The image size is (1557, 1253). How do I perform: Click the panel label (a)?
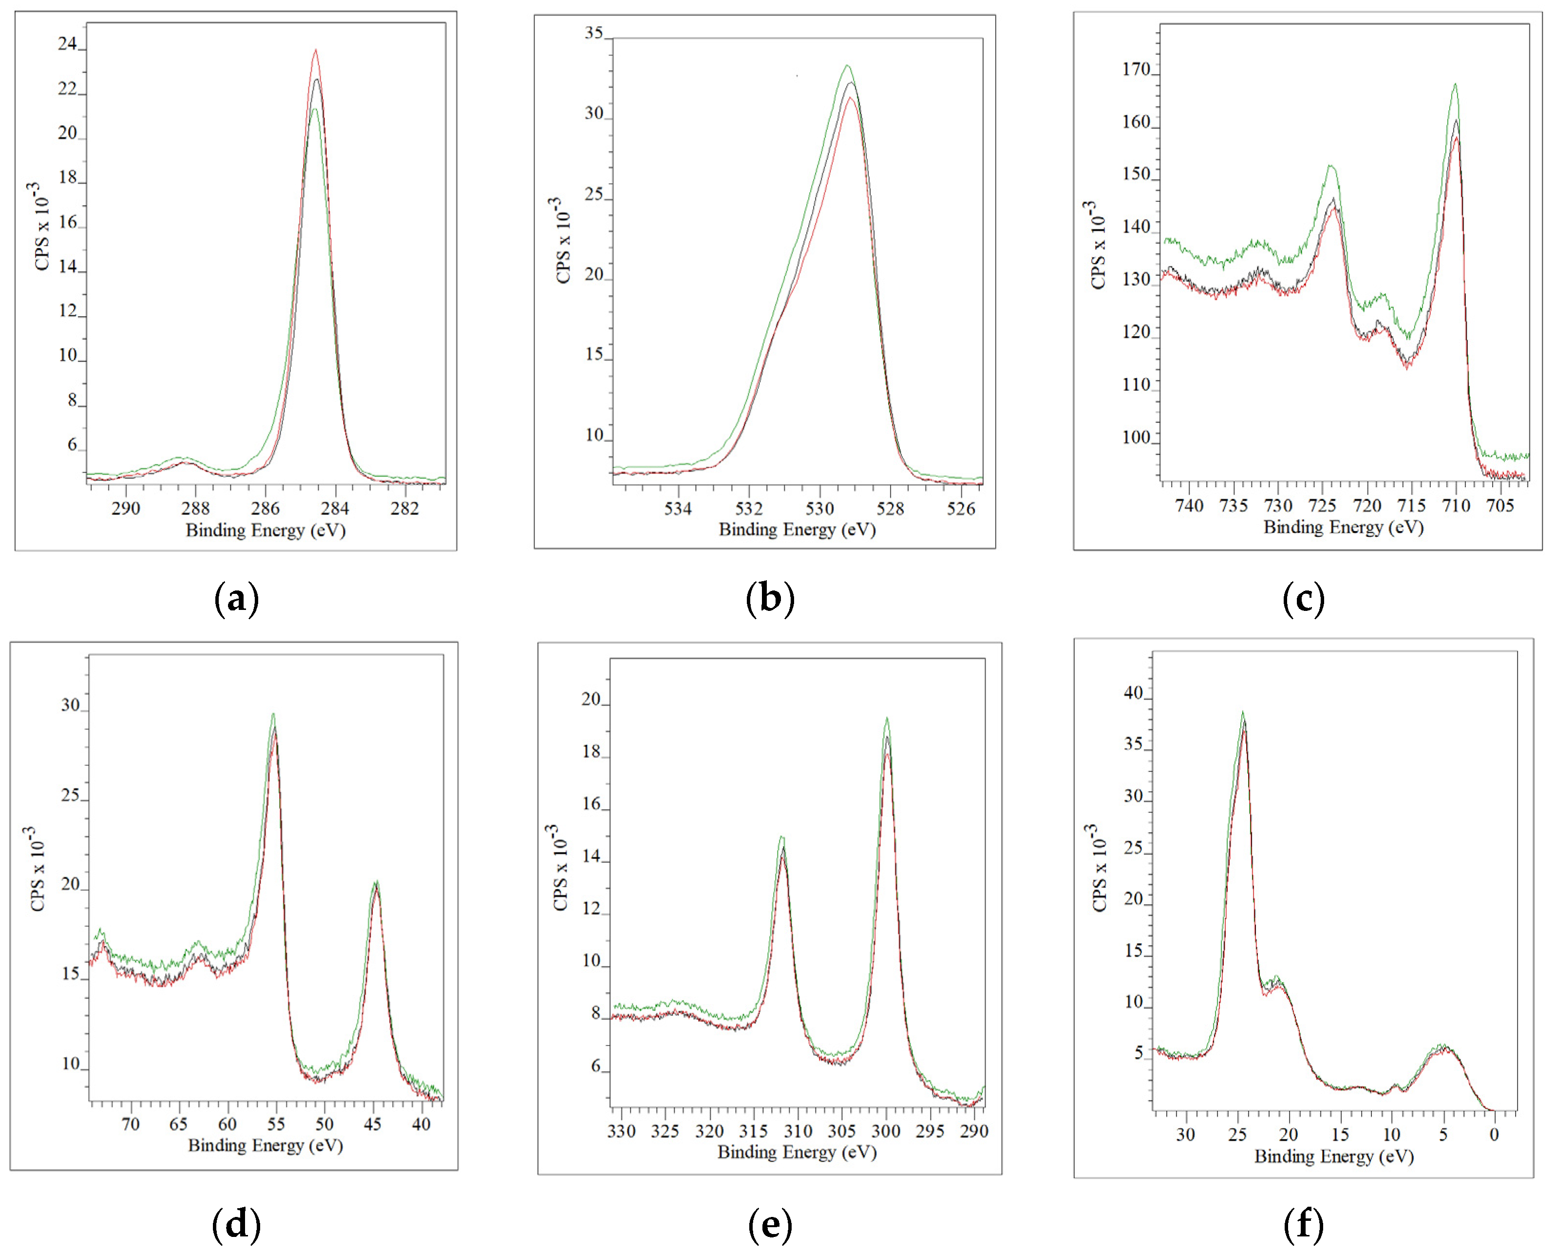click(x=236, y=599)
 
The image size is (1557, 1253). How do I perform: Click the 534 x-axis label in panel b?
click(x=678, y=509)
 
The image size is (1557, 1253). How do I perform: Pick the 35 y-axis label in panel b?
click(x=594, y=33)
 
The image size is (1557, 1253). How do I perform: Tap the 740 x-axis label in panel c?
click(x=1189, y=506)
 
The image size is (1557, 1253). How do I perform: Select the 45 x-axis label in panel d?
click(x=373, y=1124)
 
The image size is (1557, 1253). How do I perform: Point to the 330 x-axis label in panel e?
click(x=621, y=1131)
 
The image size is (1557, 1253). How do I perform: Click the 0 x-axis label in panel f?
click(x=1494, y=1135)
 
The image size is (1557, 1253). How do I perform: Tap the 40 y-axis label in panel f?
click(x=1133, y=693)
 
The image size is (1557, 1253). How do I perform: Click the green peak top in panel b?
click(x=847, y=66)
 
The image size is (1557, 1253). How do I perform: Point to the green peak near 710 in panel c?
click(x=1455, y=84)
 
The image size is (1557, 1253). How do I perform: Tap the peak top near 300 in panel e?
click(x=887, y=718)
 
